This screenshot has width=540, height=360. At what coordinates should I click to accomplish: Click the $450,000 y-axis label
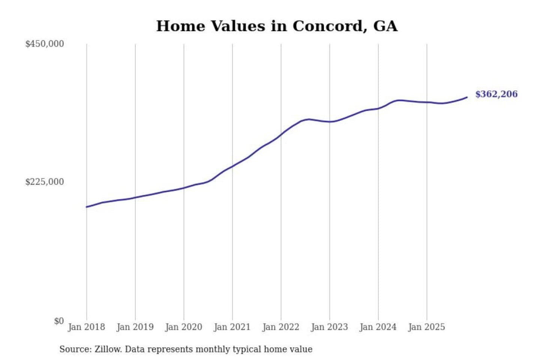click(45, 44)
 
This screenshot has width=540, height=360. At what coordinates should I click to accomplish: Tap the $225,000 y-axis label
click(45, 182)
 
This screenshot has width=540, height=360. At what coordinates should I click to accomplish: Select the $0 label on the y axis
click(59, 321)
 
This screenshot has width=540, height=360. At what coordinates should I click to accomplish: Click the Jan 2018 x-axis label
click(86, 327)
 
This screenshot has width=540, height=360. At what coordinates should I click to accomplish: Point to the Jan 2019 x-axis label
click(135, 327)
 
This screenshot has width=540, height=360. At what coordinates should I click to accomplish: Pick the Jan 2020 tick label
click(183, 327)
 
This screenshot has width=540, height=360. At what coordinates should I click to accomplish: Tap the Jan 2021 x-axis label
click(232, 327)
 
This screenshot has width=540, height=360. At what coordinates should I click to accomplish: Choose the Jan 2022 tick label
click(280, 327)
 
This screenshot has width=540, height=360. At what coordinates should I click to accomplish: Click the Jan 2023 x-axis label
click(329, 327)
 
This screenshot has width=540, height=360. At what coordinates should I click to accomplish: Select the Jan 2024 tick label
click(378, 327)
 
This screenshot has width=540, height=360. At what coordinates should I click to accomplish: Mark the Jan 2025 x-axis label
click(426, 327)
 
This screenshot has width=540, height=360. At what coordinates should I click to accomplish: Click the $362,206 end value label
click(496, 94)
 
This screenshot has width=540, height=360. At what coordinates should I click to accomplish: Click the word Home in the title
click(181, 26)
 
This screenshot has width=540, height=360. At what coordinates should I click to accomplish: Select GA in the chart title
click(385, 26)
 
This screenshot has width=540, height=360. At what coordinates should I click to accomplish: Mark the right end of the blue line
click(467, 97)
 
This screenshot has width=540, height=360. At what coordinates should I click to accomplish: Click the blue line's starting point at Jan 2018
click(87, 207)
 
